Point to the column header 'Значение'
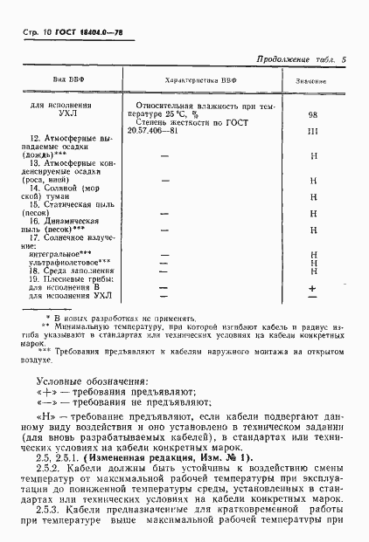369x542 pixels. point(311,79)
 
